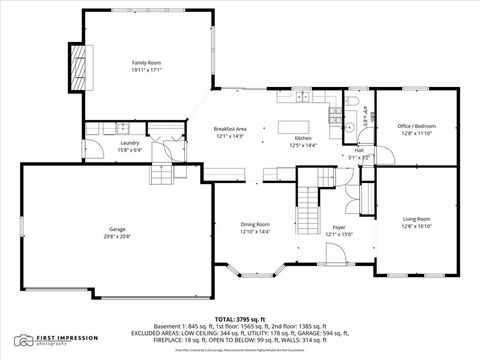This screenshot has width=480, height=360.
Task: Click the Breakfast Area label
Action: (230, 128)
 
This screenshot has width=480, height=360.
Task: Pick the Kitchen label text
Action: (302, 137)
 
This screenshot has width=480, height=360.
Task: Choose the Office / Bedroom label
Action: (416, 126)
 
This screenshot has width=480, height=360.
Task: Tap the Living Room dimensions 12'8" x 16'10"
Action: (416, 226)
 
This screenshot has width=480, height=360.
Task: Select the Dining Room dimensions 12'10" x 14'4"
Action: (254, 232)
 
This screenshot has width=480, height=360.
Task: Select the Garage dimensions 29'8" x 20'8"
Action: (116, 236)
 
